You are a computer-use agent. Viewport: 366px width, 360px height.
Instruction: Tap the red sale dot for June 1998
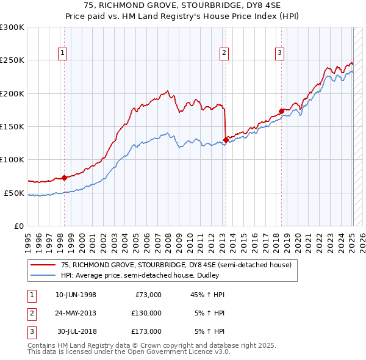coord(64,178)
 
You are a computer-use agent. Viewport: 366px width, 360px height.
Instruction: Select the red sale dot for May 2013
coord(226,140)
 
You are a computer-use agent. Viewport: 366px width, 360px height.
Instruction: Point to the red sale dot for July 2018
coord(281,112)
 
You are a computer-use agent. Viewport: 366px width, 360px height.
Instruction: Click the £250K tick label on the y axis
coord(12,60)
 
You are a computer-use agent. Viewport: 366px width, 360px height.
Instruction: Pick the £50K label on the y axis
coord(14,193)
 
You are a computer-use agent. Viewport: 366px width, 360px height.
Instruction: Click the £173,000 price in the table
coord(146,331)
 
